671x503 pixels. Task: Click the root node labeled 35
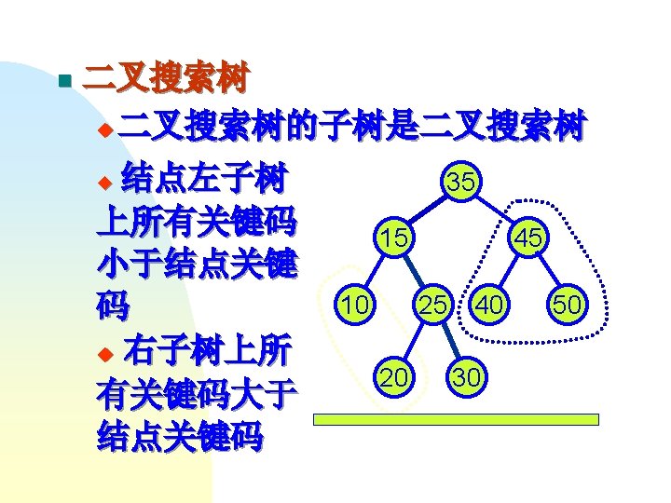[x=460, y=183]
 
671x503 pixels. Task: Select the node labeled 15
[x=393, y=238]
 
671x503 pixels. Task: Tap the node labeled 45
[x=527, y=238]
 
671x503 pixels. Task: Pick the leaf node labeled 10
[x=353, y=304]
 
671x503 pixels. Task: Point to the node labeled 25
[x=431, y=304]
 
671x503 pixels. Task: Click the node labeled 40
[x=489, y=304]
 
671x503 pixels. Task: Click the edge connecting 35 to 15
[x=425, y=211]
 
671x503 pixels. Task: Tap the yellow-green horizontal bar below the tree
[x=455, y=420]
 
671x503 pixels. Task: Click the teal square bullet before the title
[x=62, y=81]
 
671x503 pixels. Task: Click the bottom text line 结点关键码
[x=180, y=435]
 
